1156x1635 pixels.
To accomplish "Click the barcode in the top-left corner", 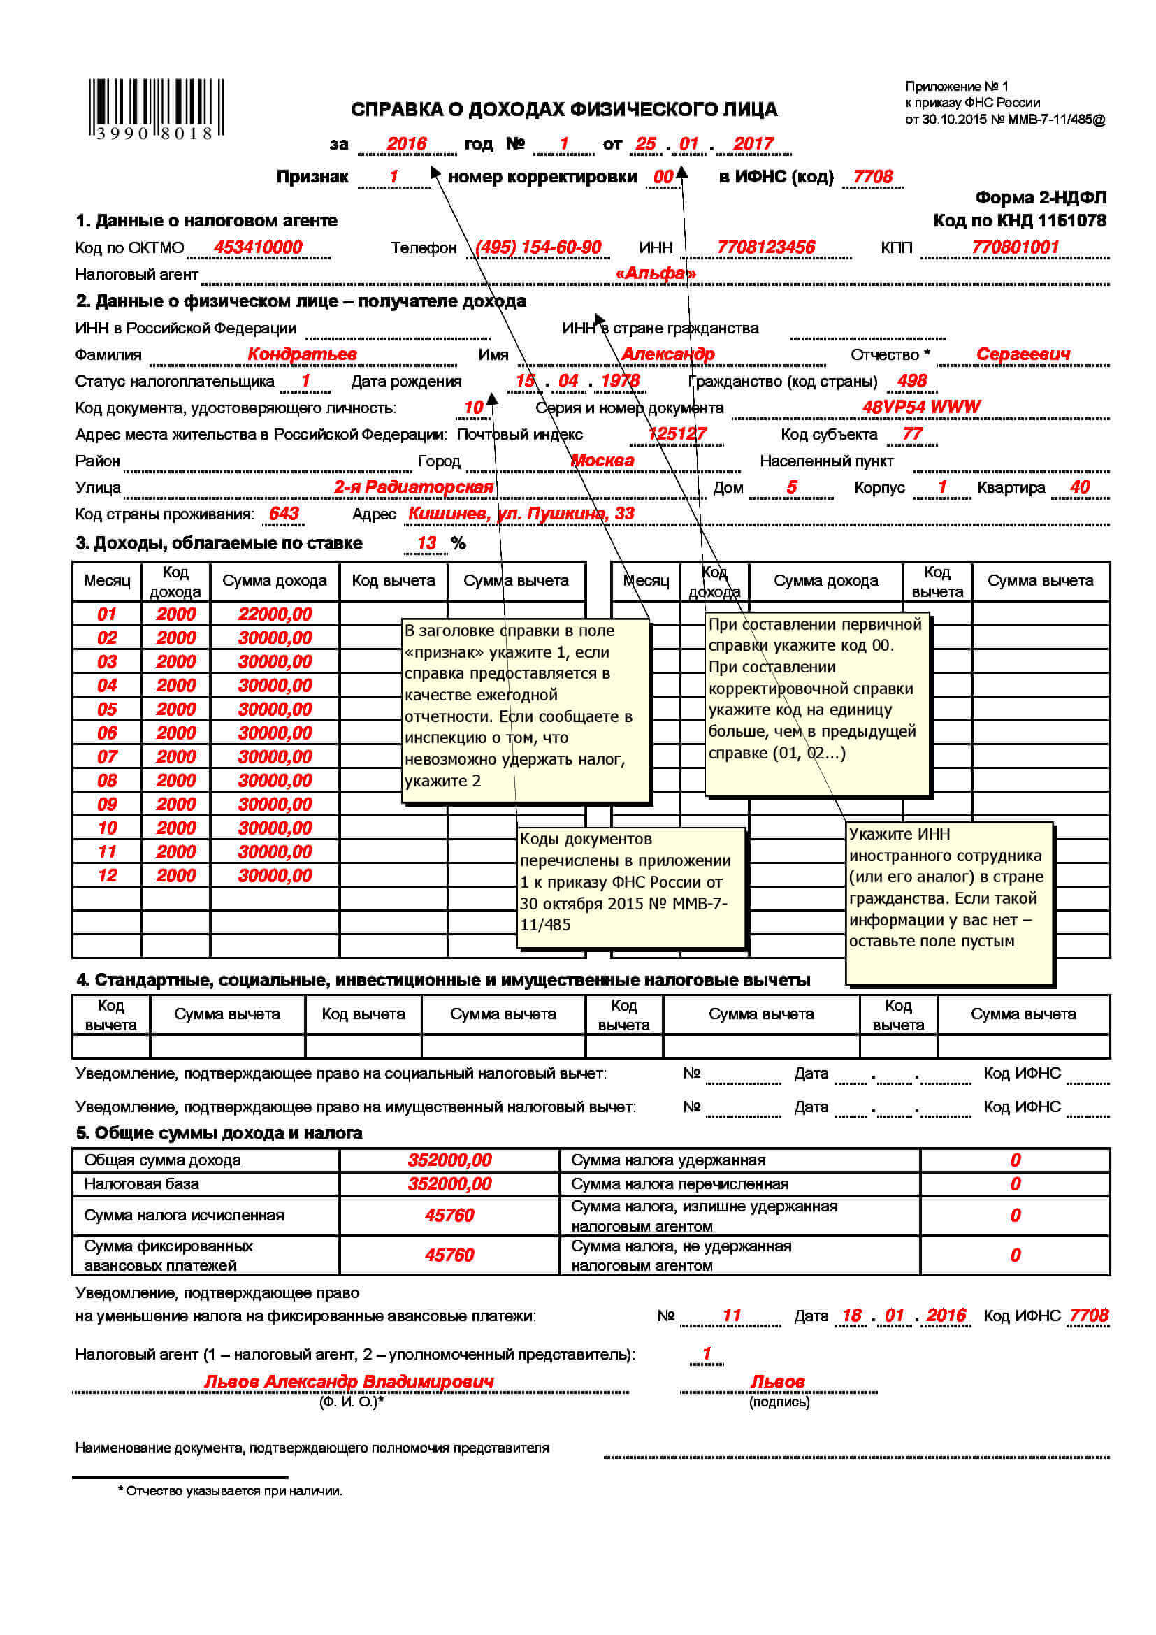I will (x=155, y=108).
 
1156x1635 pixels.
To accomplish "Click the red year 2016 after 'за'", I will (x=406, y=144).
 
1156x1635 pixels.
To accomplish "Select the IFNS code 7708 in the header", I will (x=872, y=177).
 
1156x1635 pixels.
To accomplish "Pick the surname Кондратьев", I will (x=302, y=354).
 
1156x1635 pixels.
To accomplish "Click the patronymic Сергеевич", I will (x=1023, y=354).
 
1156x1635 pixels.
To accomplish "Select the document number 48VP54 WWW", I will (x=920, y=407).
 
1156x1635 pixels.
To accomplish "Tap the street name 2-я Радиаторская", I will (x=414, y=487).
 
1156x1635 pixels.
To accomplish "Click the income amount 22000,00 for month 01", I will (x=275, y=614).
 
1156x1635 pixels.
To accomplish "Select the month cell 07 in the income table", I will (x=107, y=756).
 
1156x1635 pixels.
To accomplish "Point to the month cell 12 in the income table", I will (x=107, y=875).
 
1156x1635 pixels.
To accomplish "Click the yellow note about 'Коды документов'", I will (x=630, y=886).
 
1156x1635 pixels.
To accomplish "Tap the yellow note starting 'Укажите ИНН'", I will (x=949, y=903).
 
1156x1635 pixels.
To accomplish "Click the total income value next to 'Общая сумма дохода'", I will (x=449, y=1160).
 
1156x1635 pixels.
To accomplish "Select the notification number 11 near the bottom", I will (x=731, y=1316).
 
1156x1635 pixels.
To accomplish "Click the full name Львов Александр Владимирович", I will (x=349, y=1381).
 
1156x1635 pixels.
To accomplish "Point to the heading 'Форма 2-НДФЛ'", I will (x=1040, y=197).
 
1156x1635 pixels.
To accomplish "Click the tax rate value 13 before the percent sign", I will (x=426, y=543).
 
